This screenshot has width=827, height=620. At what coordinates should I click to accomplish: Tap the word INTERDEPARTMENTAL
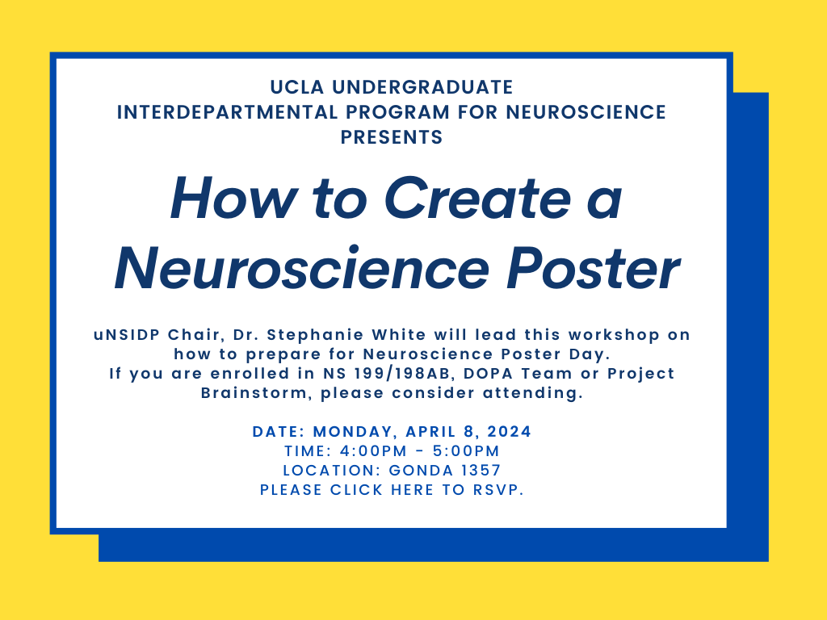click(x=227, y=112)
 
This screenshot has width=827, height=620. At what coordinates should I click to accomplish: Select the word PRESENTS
click(x=392, y=137)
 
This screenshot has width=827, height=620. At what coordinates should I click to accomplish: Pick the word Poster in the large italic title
click(x=593, y=268)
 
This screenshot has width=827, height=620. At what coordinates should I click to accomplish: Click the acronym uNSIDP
click(x=127, y=335)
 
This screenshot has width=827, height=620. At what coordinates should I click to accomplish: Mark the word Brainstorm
click(x=258, y=393)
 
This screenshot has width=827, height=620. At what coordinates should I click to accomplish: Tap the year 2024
click(x=509, y=432)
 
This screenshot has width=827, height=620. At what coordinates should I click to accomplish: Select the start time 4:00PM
click(x=373, y=451)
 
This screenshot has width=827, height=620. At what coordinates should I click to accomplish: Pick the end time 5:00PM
click(x=466, y=451)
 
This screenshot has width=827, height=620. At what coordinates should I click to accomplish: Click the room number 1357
click(x=481, y=471)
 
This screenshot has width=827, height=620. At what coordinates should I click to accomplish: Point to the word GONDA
click(x=421, y=471)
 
